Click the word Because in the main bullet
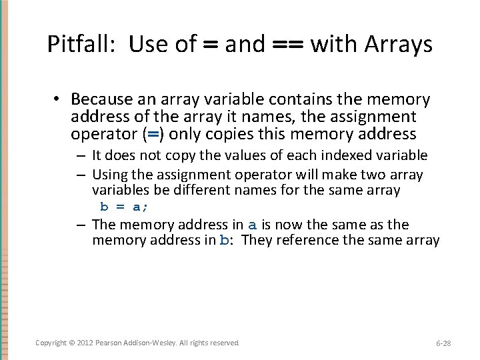tap(101, 99)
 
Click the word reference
tap(308, 240)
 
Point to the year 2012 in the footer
tap(84, 343)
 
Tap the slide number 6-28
tap(443, 343)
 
